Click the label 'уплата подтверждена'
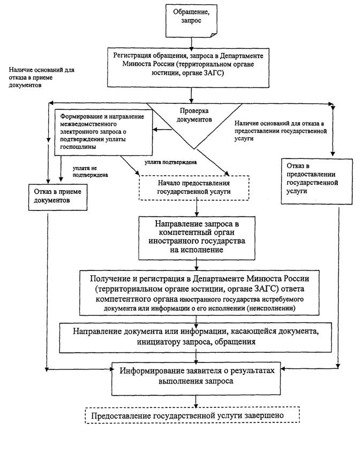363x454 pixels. point(170,162)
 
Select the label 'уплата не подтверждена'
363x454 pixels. point(90,172)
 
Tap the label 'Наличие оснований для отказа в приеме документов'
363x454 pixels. point(41,78)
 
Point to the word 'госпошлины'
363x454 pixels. point(78,147)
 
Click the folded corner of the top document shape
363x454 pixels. point(214,35)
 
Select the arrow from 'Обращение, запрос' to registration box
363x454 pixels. point(191,43)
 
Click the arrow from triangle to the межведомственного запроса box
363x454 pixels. point(162,130)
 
